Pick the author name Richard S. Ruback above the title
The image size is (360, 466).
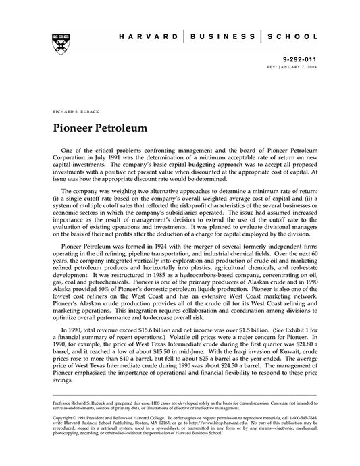pyautogui.click(x=69, y=109)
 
